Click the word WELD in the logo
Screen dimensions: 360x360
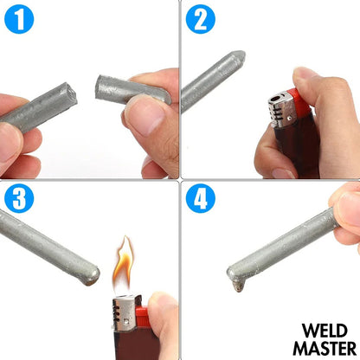[x=326, y=331]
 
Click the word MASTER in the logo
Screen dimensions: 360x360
[x=326, y=347]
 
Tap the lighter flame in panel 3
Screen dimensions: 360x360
[x=123, y=263]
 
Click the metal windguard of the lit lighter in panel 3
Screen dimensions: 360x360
[x=125, y=311]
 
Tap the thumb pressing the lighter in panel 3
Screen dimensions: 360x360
[x=160, y=307]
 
